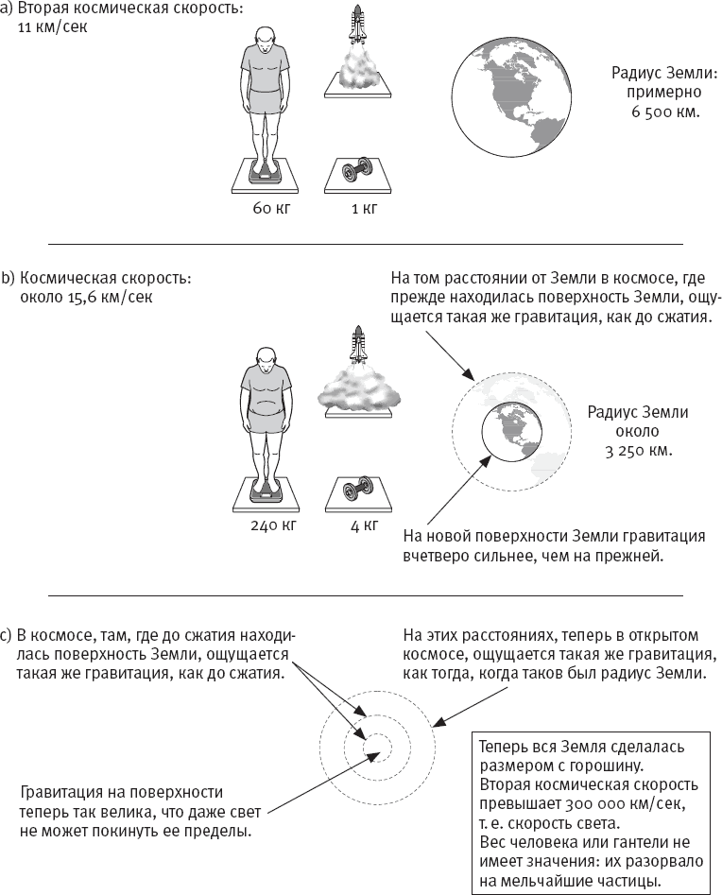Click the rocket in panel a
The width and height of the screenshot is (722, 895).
click(357, 30)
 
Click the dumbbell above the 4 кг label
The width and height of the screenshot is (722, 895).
click(356, 490)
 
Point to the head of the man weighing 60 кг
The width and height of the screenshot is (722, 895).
click(266, 37)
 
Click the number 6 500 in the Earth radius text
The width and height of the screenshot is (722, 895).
click(649, 112)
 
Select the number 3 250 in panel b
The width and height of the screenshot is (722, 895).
click(625, 450)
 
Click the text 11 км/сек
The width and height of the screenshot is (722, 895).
click(59, 26)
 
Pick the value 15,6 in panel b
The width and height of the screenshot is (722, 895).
click(88, 298)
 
